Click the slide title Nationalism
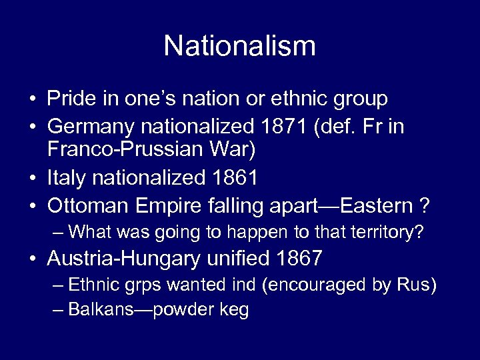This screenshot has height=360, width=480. pyautogui.click(x=239, y=46)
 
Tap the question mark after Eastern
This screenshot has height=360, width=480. pyautogui.click(x=425, y=205)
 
